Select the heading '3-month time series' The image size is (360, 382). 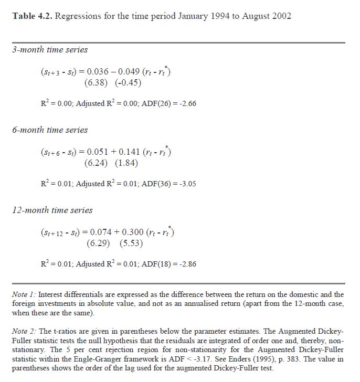[49, 50]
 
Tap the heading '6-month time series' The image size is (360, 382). [49, 130]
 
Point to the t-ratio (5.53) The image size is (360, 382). [129, 243]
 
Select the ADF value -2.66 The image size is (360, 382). [186, 103]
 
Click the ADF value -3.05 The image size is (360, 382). [186, 184]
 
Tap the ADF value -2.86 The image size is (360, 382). [186, 264]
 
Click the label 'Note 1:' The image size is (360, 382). [24, 294]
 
